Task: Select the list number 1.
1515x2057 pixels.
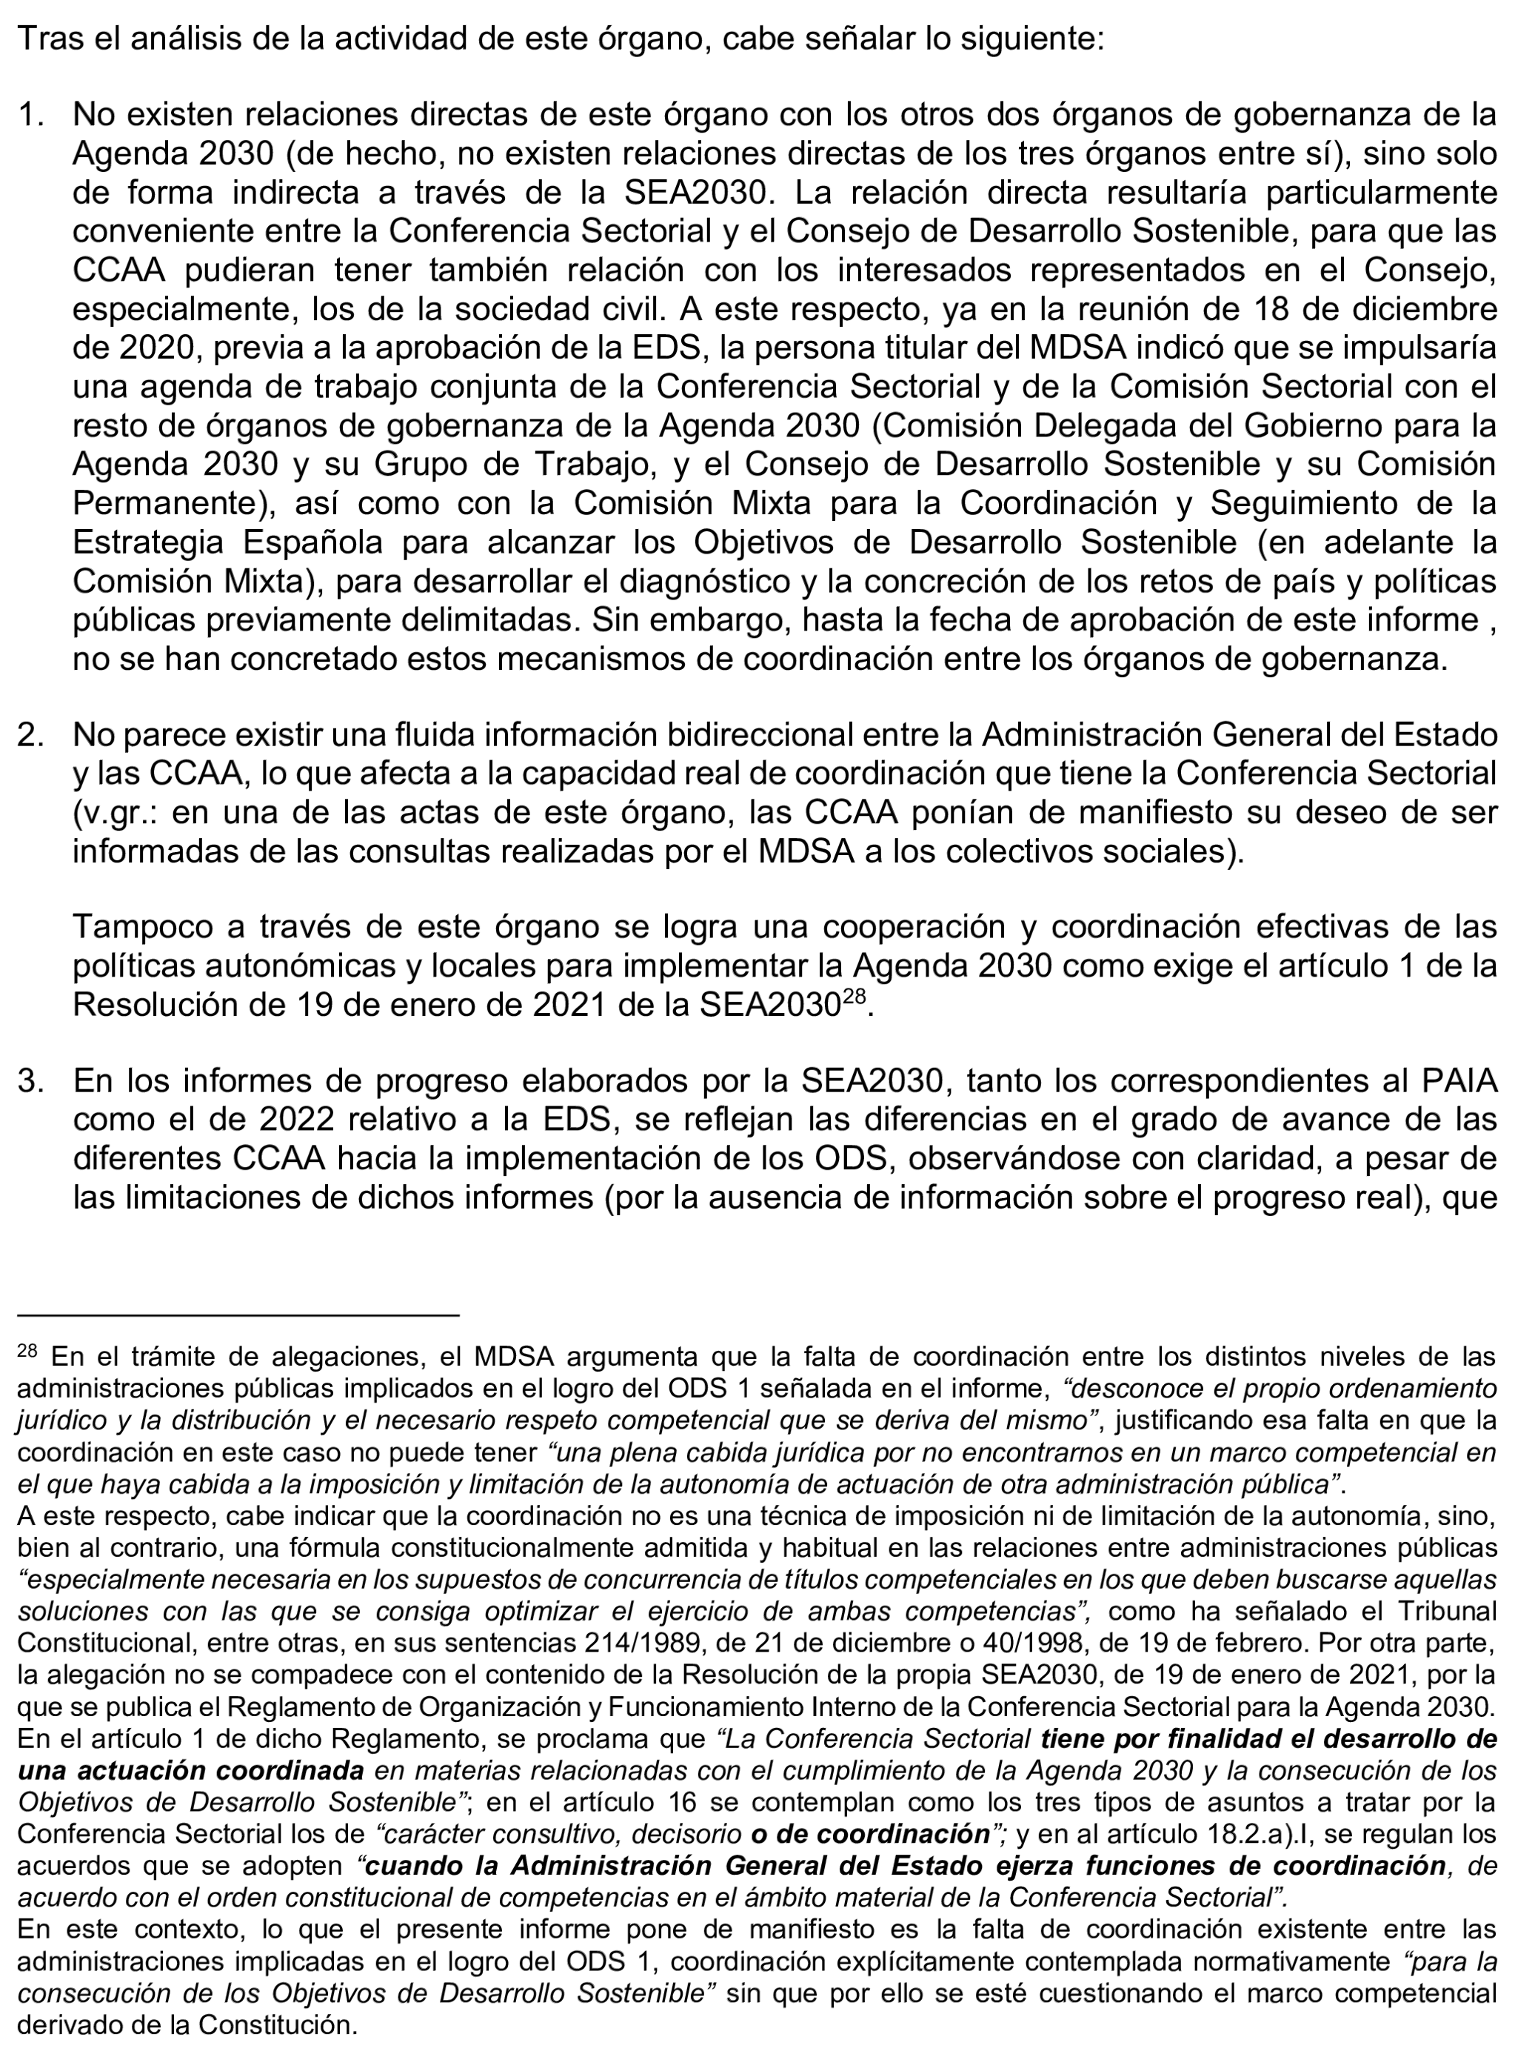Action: point(30,115)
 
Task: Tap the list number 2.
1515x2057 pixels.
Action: point(30,735)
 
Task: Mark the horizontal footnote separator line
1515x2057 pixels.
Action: point(238,1315)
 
